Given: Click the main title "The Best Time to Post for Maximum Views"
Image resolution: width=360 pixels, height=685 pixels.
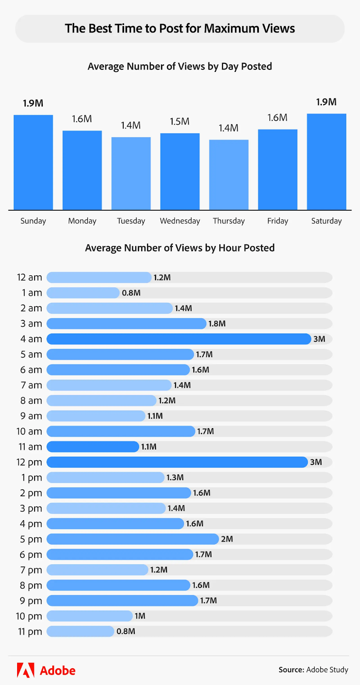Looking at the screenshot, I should [180, 28].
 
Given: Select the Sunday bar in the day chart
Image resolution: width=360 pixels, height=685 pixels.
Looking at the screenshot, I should [33, 162].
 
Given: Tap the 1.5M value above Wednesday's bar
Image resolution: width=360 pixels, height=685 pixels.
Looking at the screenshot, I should [180, 122].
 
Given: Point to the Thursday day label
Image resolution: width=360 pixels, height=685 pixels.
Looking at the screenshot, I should [229, 221].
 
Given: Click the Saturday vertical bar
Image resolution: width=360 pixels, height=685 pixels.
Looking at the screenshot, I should [326, 162].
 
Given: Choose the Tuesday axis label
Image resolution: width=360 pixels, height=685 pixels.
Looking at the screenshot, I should [131, 221].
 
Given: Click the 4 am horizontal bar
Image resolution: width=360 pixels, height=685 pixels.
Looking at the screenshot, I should [179, 339].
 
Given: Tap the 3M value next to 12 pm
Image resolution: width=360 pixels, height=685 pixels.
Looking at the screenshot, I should [316, 462].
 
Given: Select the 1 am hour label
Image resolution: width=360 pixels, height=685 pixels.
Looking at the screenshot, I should [32, 293].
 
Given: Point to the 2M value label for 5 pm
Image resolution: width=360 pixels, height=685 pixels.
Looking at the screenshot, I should [227, 539].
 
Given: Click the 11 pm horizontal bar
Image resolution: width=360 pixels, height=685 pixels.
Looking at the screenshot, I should [80, 631].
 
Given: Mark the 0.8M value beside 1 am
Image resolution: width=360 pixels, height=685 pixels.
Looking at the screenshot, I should [131, 293].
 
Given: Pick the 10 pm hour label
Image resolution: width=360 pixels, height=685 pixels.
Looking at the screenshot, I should [29, 616].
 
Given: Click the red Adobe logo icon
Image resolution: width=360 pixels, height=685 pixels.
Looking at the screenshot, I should [26, 670].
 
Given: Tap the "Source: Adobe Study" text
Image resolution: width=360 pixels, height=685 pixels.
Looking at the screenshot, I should [313, 670].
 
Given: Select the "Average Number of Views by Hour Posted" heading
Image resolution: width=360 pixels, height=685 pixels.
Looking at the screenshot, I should [180, 248].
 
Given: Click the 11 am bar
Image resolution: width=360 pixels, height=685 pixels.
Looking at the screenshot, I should [93, 447].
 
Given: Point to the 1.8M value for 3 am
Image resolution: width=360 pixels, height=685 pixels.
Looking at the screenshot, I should [217, 324].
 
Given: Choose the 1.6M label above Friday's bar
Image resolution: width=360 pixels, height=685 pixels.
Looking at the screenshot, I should [277, 118].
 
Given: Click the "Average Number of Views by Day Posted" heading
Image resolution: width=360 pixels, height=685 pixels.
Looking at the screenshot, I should [180, 66].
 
